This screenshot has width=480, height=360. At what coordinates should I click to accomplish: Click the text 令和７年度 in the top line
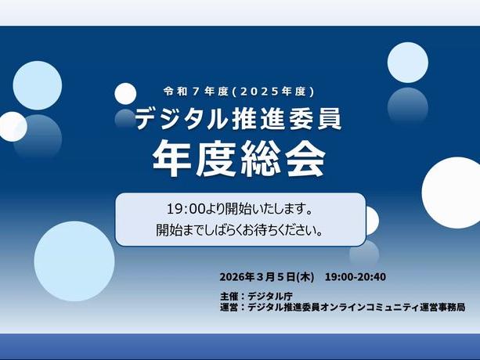pos(193,91)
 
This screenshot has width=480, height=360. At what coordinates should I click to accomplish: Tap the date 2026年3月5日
pos(258,277)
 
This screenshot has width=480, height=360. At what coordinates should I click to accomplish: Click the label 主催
pos(229,297)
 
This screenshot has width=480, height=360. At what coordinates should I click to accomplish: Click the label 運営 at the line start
pos(229,308)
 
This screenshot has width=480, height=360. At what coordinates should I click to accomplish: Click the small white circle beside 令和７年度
pos(125,93)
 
